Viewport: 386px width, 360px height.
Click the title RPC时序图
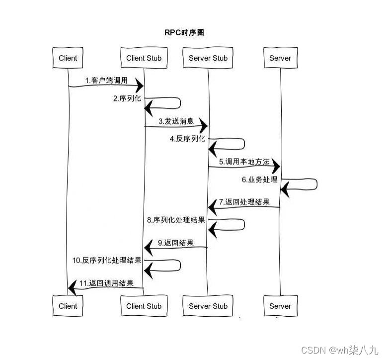[184, 32]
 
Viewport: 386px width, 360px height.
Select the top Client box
[68, 58]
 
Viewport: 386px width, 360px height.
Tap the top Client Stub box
[144, 58]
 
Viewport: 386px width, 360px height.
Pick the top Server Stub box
[208, 58]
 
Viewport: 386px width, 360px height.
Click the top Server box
[280, 58]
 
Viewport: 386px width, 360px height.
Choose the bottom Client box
[68, 306]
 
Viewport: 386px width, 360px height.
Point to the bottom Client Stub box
[144, 306]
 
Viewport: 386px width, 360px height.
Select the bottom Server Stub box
[208, 306]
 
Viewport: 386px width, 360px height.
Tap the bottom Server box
[280, 306]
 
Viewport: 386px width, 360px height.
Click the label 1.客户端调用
[106, 80]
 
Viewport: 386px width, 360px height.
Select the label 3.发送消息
[176, 121]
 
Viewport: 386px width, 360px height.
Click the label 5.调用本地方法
[244, 162]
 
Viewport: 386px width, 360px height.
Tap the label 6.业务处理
[259, 180]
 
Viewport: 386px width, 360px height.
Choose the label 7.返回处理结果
[244, 202]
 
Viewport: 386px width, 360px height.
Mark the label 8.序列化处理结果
[176, 220]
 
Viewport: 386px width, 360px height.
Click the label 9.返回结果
[175, 243]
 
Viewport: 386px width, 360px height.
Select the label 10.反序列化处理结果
[107, 260]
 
